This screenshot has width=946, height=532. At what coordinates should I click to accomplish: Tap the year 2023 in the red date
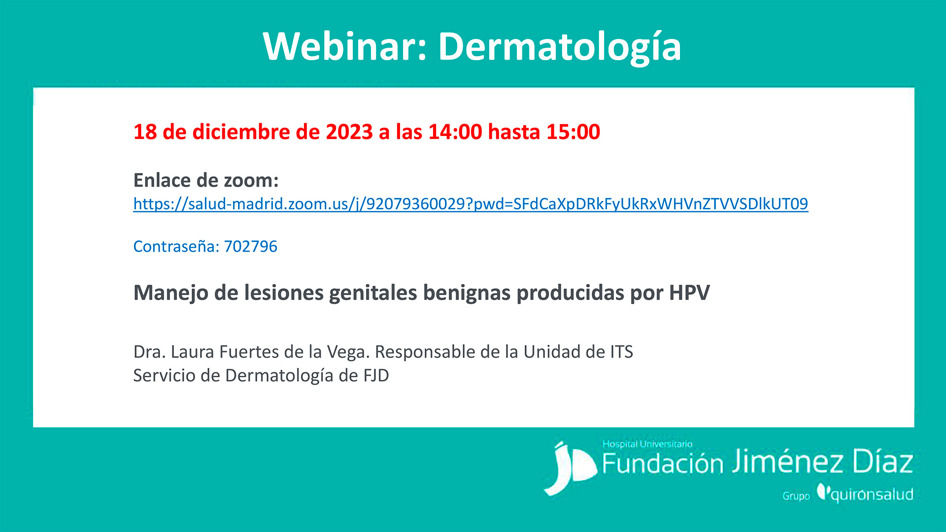pyautogui.click(x=349, y=132)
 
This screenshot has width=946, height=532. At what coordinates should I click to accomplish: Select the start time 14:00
pyautogui.click(x=455, y=132)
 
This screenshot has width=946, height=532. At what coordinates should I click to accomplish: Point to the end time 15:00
pyautogui.click(x=573, y=132)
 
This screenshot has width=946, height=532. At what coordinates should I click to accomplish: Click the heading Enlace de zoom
pyautogui.click(x=206, y=180)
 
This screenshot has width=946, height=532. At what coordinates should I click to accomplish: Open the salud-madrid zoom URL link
pyautogui.click(x=471, y=204)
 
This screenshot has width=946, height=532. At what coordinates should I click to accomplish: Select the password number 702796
pyautogui.click(x=251, y=246)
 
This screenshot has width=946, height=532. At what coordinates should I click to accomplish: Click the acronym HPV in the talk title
pyautogui.click(x=689, y=293)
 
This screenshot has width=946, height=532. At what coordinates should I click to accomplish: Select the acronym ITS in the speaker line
pyautogui.click(x=622, y=352)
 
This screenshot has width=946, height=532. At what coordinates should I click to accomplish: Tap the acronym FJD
pyautogui.click(x=376, y=375)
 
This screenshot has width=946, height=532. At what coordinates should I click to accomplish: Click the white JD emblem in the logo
pyautogui.click(x=570, y=468)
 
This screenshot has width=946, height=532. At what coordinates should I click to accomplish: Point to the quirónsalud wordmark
pyautogui.click(x=866, y=494)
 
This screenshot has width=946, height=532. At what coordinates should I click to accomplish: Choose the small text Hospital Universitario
pyautogui.click(x=647, y=444)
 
